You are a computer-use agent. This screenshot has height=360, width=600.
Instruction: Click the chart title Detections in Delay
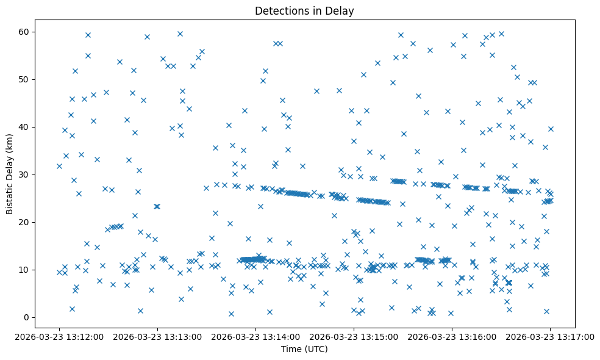[x=304, y=11]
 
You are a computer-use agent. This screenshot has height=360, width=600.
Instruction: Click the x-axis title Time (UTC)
[x=304, y=349]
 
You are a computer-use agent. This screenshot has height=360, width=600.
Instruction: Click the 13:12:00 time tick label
[x=59, y=336]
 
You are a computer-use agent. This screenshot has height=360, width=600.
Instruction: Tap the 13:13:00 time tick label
[x=157, y=336]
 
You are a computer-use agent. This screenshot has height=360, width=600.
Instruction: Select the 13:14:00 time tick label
[x=255, y=336]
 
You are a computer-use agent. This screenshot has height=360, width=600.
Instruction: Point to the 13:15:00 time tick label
[x=354, y=336]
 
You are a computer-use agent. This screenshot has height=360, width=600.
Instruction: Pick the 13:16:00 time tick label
[x=452, y=336]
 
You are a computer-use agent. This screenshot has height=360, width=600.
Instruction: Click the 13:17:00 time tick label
[x=550, y=336]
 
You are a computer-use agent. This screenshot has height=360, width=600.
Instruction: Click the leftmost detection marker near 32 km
[x=59, y=166]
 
